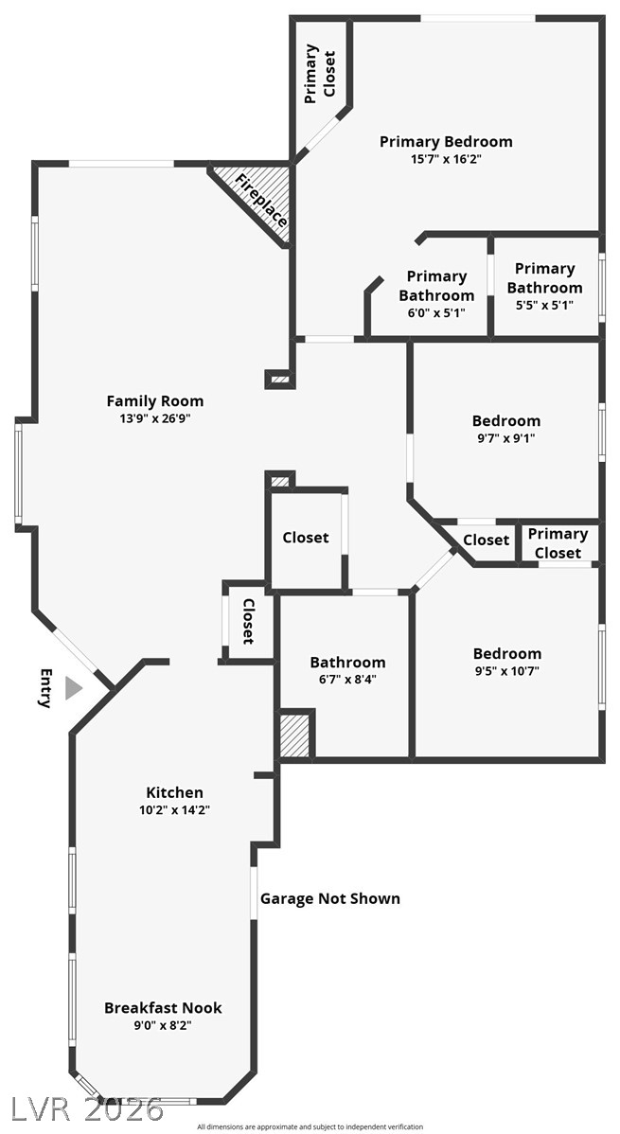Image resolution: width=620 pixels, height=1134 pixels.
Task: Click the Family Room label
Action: [154, 401]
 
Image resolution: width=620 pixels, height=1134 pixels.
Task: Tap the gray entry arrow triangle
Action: [72, 688]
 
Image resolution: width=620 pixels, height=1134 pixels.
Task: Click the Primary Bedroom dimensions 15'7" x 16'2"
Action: [446, 159]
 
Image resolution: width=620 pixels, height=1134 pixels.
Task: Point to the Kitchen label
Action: [174, 792]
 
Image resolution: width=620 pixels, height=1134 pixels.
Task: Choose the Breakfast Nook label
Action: [163, 1008]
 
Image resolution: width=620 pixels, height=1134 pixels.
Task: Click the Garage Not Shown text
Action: [330, 898]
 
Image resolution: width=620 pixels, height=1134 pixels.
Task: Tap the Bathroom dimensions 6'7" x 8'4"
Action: [347, 679]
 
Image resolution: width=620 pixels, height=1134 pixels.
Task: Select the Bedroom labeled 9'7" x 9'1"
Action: [506, 421]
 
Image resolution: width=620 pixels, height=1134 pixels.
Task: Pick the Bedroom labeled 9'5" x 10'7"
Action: [507, 654]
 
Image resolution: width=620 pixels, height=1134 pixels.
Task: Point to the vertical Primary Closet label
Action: [320, 73]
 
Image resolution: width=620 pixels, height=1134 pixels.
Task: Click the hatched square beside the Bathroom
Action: [295, 735]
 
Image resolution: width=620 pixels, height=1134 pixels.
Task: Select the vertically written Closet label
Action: [249, 621]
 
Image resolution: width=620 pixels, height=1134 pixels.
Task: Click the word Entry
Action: [44, 688]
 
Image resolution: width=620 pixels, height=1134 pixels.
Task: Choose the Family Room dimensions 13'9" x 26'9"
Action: [154, 417]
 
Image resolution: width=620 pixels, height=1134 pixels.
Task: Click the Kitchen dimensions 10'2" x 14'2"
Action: [174, 809]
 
